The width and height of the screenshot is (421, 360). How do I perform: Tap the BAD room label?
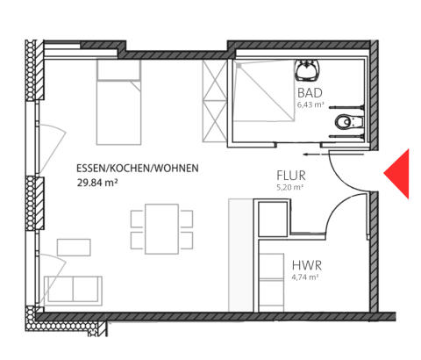pyautogui.click(x=310, y=93)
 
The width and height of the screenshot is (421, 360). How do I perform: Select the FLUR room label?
pyautogui.click(x=291, y=176)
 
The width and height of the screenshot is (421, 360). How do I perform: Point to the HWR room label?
pyautogui.click(x=307, y=265)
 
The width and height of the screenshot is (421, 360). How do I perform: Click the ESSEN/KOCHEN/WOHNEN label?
pyautogui.click(x=138, y=169)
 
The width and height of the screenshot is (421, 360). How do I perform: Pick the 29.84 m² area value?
pyautogui.click(x=97, y=183)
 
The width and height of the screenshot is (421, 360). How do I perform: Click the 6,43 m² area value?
pyautogui.click(x=310, y=104)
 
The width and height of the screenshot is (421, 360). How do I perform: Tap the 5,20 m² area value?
pyautogui.click(x=289, y=187)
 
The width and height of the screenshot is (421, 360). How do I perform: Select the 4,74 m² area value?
pyautogui.click(x=305, y=277)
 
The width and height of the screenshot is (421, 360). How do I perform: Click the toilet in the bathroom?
pyautogui.click(x=349, y=122)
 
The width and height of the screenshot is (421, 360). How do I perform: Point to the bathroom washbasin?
pyautogui.click(x=307, y=70)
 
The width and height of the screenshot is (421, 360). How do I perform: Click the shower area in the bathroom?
pyautogui.click(x=264, y=90)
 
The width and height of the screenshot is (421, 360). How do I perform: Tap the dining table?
pyautogui.click(x=161, y=229)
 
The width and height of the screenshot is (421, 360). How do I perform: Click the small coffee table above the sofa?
pyautogui.click(x=74, y=248)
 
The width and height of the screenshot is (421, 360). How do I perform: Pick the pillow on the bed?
pyautogui.click(x=118, y=70)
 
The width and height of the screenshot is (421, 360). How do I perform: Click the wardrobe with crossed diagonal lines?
pyautogui.click(x=215, y=101)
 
